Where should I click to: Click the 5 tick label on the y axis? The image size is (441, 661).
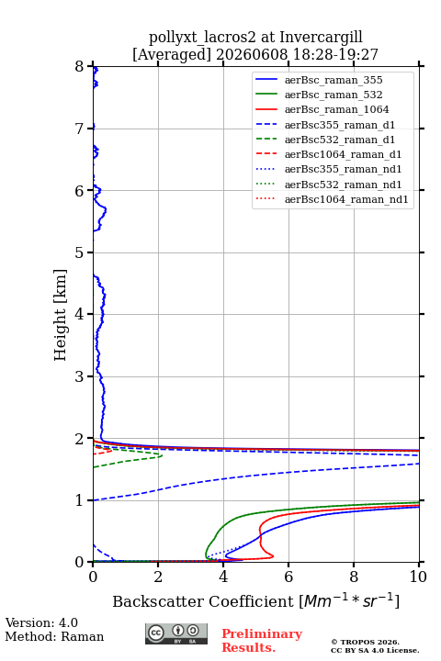80,252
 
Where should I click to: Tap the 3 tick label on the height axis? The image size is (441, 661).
80,376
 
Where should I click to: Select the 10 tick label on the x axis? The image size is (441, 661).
418,577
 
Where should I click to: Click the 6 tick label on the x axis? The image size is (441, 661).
288,577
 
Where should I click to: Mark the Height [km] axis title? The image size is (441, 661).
61,315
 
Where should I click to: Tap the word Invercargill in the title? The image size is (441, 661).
321,38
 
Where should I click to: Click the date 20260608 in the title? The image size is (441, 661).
251,54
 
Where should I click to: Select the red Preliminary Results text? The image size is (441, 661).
262,641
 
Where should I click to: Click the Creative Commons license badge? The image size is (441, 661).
176,633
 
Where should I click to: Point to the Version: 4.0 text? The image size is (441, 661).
41,622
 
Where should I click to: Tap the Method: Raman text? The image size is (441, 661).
54,636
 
